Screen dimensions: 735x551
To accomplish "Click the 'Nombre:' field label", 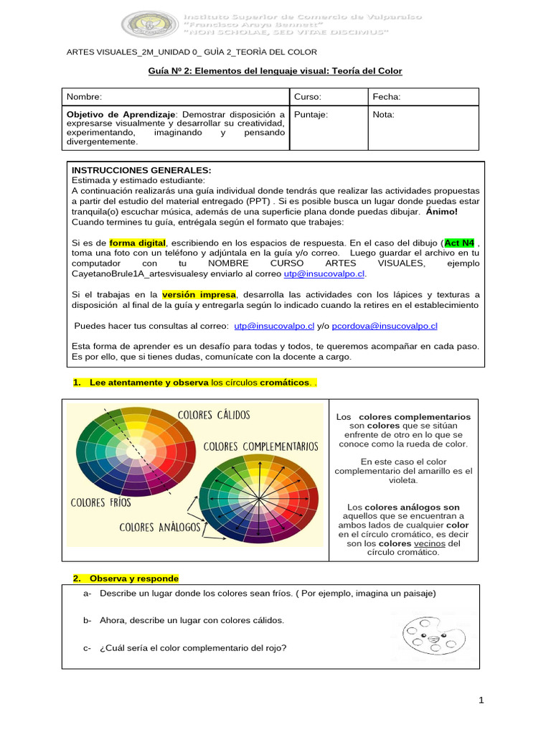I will coord(84,97).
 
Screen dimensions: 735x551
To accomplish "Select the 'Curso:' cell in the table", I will coord(308,97).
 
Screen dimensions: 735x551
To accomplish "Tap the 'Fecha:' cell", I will coord(386,97).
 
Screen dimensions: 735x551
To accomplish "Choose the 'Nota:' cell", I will coord(384,115).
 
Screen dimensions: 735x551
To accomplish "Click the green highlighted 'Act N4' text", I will coord(459,243).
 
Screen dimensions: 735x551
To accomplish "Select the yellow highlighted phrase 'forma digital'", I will coord(138,243).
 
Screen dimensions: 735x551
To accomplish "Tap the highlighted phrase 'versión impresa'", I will coord(199,294).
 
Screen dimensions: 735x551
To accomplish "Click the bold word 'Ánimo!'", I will coord(441,212).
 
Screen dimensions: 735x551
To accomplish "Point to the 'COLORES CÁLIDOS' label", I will coord(214,416).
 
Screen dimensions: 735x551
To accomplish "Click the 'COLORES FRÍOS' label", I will coord(101,502).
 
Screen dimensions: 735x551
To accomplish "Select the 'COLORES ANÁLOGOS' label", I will coord(159,528).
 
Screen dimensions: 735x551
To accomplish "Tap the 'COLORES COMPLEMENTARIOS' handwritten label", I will coord(260,446).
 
